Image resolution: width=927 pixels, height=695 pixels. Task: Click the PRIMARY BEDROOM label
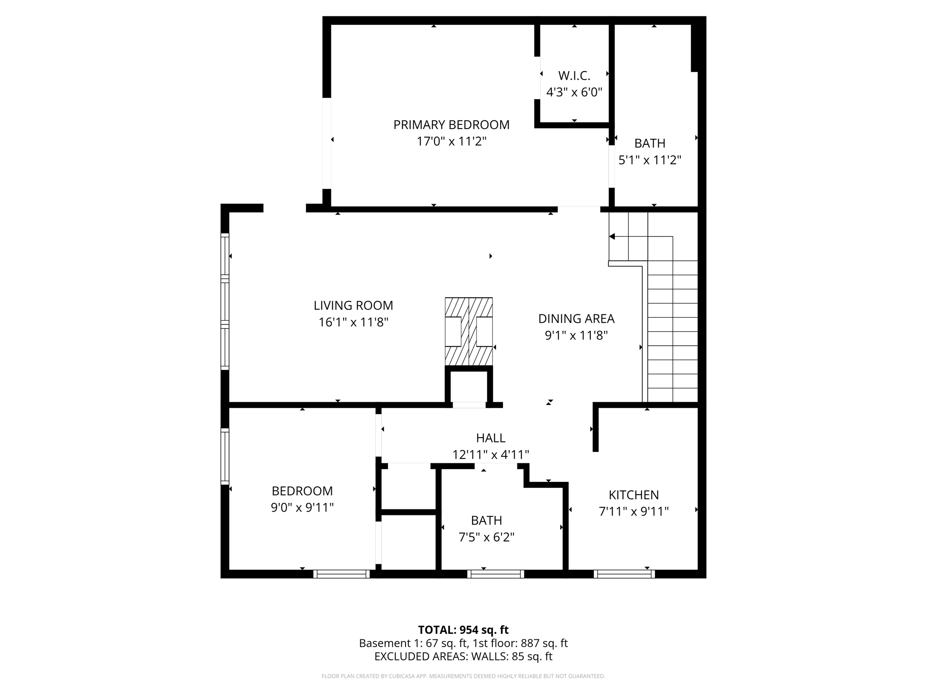(451, 125)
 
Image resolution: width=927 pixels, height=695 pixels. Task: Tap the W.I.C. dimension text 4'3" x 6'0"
(574, 92)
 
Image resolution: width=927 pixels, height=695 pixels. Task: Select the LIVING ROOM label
(353, 305)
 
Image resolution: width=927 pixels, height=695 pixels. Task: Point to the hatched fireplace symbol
(468, 331)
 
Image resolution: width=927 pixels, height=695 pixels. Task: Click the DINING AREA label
(576, 319)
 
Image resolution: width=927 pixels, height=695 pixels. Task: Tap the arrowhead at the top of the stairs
(612, 237)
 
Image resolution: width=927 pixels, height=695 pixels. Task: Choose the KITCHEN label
(633, 495)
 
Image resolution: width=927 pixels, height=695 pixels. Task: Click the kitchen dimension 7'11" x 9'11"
(633, 511)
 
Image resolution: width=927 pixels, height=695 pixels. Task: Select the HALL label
(491, 438)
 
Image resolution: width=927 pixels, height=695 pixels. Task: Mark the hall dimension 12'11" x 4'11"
(491, 454)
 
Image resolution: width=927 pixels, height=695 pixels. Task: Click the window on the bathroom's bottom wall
(496, 574)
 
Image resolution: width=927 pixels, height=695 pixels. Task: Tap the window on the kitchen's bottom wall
(624, 574)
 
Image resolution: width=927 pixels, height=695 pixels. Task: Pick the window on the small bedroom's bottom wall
(342, 574)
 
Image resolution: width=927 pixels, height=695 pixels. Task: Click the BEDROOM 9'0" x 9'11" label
(302, 499)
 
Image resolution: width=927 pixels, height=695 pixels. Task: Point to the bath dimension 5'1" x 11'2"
(650, 160)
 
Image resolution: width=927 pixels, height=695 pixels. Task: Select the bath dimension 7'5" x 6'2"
(486, 537)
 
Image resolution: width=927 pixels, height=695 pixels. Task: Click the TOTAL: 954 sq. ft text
(463, 630)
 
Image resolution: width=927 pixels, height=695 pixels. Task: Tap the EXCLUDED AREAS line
(463, 656)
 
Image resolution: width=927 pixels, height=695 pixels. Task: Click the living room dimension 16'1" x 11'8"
(353, 322)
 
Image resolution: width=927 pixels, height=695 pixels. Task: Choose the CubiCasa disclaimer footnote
(463, 676)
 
